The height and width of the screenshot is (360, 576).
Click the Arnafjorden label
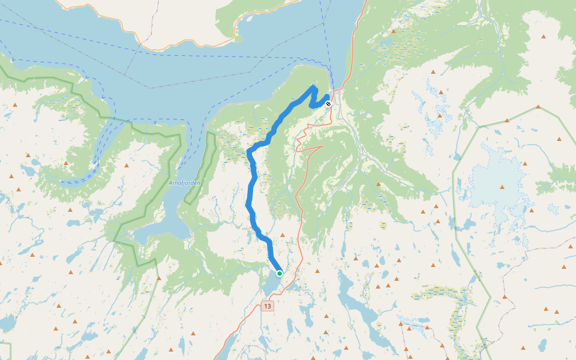point(184,182)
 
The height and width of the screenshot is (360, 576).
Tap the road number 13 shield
point(267,306)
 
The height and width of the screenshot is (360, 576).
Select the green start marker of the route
point(280,274)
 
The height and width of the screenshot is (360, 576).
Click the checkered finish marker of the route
point(328,104)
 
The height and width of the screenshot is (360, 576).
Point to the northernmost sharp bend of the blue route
point(313,88)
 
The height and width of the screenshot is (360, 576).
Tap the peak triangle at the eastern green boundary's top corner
point(538,107)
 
